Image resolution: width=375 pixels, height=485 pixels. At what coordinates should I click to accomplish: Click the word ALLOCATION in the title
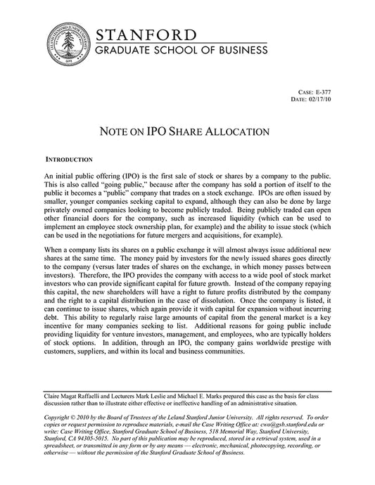pos(234,131)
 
